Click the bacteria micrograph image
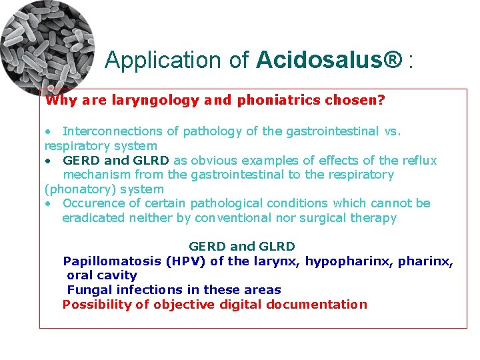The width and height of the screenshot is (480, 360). pyautogui.click(x=47, y=47)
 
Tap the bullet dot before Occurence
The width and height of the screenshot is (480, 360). pyautogui.click(x=49, y=204)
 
